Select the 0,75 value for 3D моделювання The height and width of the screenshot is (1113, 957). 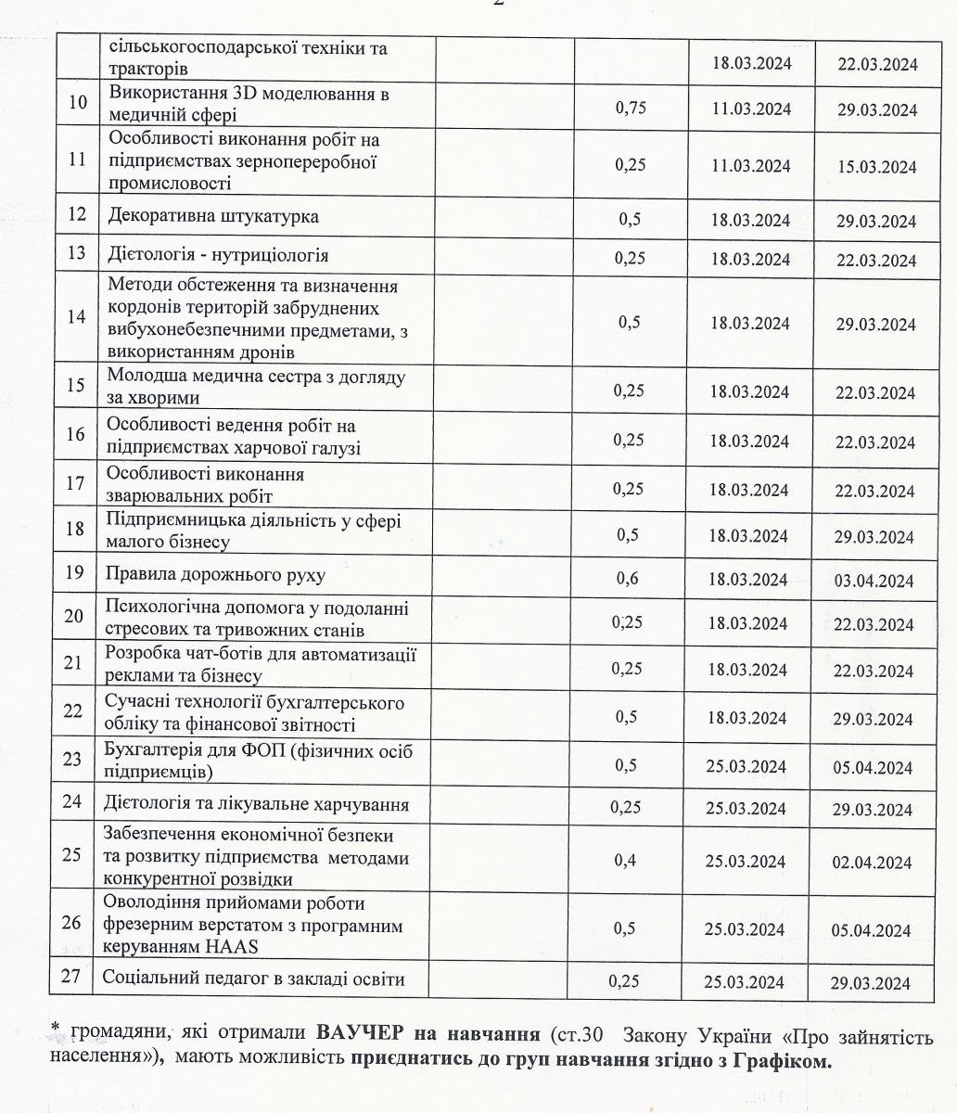pyautogui.click(x=630, y=108)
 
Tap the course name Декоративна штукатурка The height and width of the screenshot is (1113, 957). pyautogui.click(x=213, y=217)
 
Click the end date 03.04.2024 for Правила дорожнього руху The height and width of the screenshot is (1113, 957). pyautogui.click(x=874, y=582)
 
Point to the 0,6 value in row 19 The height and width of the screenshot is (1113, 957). pyautogui.click(x=629, y=579)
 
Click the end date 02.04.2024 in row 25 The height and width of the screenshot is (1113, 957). pyautogui.click(x=872, y=863)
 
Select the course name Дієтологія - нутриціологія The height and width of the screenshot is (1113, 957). pyautogui.click(x=219, y=255)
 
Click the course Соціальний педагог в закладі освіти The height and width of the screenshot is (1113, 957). pyautogui.click(x=253, y=978)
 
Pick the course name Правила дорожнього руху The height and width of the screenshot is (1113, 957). pyautogui.click(x=218, y=575)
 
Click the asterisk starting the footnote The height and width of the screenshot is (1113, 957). pyautogui.click(x=55, y=1030)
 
